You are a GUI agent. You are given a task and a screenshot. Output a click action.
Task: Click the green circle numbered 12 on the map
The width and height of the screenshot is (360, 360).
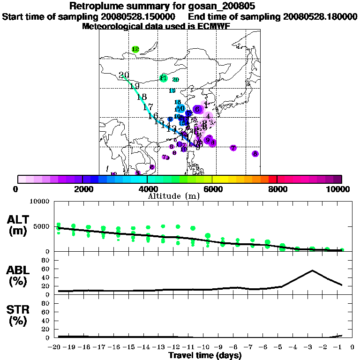[x=135, y=49]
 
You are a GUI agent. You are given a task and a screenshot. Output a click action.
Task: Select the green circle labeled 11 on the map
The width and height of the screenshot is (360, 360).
[x=164, y=78]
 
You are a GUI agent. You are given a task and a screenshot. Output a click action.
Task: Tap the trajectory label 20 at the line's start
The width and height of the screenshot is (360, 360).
[x=124, y=75]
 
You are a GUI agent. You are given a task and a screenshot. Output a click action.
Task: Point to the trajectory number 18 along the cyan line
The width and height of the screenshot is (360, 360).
[x=142, y=97]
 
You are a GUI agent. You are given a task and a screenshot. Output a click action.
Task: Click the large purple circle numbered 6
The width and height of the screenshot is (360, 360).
[x=197, y=109]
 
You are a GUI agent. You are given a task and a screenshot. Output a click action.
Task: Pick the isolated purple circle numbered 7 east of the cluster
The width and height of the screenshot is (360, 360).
[x=233, y=148]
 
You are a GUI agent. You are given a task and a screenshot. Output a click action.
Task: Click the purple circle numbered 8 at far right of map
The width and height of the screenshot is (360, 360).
[x=255, y=154]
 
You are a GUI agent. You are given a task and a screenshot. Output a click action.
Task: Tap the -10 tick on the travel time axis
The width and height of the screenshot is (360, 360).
[x=205, y=347]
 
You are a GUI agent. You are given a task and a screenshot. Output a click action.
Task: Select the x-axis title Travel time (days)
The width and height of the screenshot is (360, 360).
[x=205, y=355]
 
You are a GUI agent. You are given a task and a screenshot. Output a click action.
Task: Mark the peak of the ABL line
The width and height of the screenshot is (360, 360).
[x=312, y=270]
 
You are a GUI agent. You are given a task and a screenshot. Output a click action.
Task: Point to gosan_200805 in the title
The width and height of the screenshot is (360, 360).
[x=224, y=6]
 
